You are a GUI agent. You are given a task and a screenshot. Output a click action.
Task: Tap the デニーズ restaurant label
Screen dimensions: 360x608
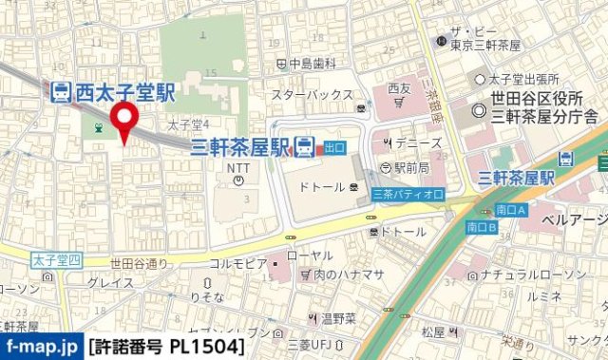point(417,143)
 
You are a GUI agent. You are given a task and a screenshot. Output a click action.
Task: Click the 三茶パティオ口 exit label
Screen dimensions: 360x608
point(408,194)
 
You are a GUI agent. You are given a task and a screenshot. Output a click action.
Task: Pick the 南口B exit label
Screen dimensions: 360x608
point(483,227)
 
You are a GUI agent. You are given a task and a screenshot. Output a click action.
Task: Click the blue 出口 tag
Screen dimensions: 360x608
point(334,147)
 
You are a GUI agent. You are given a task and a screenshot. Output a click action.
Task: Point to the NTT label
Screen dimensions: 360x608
point(237,164)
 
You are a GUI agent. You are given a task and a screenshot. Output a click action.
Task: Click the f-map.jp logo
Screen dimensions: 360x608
point(41,347)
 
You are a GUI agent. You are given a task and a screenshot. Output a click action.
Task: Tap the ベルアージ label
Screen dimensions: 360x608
point(574,219)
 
